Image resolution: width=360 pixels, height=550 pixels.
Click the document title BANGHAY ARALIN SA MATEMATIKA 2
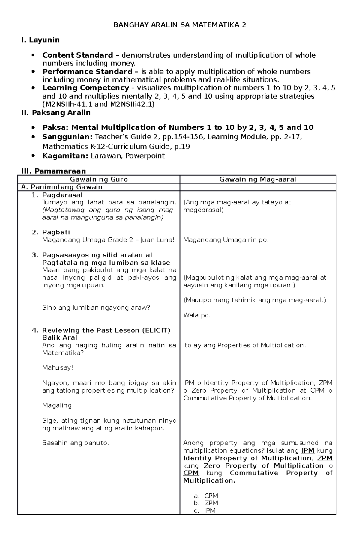pos(179,25)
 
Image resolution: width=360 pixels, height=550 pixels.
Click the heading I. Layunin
pos(40,40)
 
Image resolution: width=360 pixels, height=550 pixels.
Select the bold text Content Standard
pos(78,55)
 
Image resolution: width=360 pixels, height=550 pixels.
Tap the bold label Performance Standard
pos(87,72)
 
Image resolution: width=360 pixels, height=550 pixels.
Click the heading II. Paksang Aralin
pos(56,113)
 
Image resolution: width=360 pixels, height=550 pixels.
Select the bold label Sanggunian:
pos(67,137)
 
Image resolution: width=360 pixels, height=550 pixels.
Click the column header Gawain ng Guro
pos(99,180)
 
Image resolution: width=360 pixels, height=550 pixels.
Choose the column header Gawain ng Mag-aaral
pos(258,180)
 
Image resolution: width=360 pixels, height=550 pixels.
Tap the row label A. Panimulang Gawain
pos(62,187)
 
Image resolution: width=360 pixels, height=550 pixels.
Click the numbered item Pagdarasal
pos(62,195)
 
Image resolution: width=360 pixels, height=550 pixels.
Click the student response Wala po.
pos(197,315)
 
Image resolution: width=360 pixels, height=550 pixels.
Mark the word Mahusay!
pos(58,368)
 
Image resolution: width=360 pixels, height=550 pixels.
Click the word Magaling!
pos(58,406)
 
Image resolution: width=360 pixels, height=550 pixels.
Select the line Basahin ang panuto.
pos(75,443)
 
